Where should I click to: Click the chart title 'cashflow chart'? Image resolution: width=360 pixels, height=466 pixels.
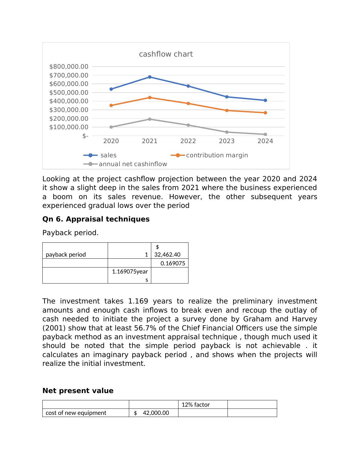(x=166, y=54)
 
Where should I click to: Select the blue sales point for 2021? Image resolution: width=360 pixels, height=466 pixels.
(x=150, y=77)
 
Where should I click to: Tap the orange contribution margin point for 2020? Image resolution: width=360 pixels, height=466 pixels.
(x=111, y=105)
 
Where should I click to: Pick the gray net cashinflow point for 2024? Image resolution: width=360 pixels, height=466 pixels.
(x=265, y=134)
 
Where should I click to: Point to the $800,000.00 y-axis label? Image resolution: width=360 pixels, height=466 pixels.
(x=69, y=67)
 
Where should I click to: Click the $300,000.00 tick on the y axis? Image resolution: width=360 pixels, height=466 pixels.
(x=69, y=110)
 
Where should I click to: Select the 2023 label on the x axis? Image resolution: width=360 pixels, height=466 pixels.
(x=227, y=141)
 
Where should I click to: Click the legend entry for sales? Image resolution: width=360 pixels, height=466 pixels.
(x=108, y=155)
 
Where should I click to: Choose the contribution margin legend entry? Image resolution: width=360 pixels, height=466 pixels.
(x=217, y=155)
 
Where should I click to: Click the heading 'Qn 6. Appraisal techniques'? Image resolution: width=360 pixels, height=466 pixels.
(x=96, y=219)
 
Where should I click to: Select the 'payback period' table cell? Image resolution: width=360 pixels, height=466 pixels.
(x=66, y=254)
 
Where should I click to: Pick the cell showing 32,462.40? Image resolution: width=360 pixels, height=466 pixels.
(x=167, y=254)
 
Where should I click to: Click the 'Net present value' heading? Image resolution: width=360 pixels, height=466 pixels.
(x=78, y=391)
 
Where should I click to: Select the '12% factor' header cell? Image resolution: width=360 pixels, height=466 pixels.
(x=196, y=405)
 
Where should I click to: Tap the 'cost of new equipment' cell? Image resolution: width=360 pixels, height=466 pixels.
(x=76, y=413)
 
